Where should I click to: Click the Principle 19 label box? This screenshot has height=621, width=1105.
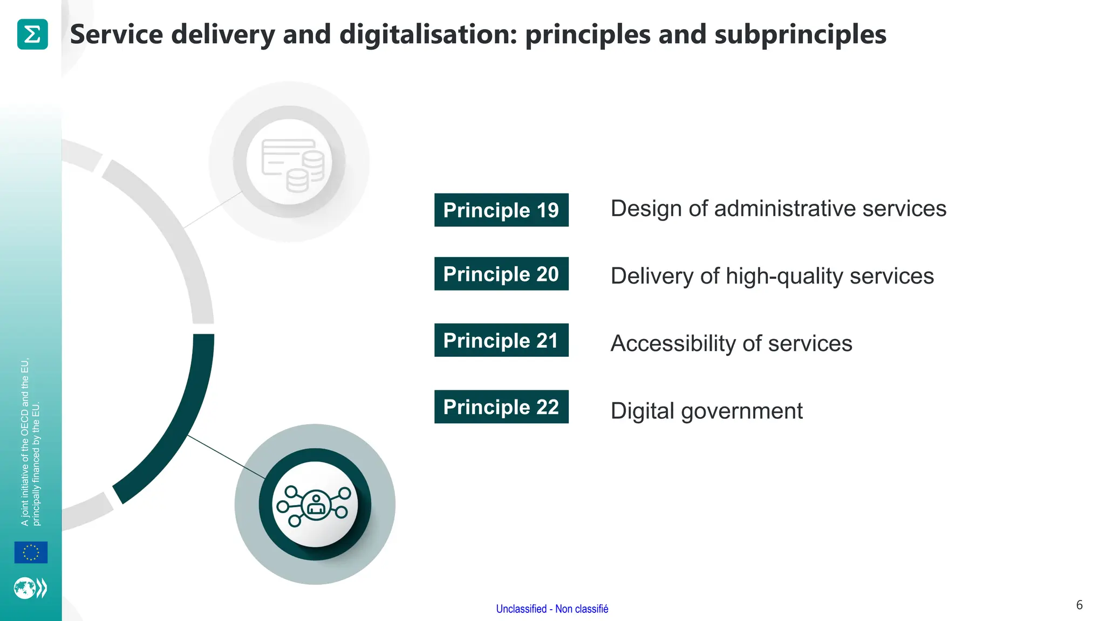point(501,210)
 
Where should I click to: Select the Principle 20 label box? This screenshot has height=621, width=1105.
point(501,274)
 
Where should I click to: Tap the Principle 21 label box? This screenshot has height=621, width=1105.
point(501,340)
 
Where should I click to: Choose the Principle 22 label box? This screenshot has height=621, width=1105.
point(501,407)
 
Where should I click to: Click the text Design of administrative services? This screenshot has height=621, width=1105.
point(778,209)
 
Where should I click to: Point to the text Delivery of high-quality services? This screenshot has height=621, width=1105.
point(772,276)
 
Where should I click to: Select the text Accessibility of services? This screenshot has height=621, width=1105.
point(731,343)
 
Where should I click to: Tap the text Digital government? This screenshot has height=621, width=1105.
point(706,411)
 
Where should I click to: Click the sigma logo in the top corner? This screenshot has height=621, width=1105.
point(32,34)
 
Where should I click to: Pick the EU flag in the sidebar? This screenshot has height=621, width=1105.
point(31,553)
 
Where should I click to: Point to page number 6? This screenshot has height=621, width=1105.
point(1079,605)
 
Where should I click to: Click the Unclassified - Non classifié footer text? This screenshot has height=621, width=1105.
point(552,609)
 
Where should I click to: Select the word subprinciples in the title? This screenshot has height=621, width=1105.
point(800,34)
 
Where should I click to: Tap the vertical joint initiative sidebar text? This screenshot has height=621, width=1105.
point(30,442)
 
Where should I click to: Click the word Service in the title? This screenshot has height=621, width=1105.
point(117,34)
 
